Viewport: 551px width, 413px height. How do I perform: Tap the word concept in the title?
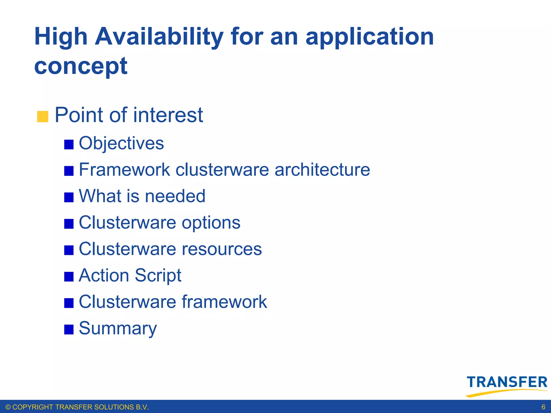pyautogui.click(x=81, y=66)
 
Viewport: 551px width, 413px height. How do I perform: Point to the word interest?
pyautogui.click(x=168, y=115)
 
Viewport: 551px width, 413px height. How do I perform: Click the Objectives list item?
pyautogui.click(x=121, y=143)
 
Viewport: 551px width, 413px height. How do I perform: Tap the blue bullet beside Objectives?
pyautogui.click(x=69, y=144)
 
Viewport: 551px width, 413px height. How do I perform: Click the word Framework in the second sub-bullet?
pyautogui.click(x=124, y=170)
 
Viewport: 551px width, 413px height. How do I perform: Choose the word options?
pyautogui.click(x=211, y=223)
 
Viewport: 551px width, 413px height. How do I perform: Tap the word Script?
pyautogui.click(x=158, y=276)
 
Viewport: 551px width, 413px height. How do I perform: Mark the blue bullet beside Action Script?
pyautogui.click(x=69, y=277)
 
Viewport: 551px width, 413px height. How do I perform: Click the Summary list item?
pyautogui.click(x=118, y=328)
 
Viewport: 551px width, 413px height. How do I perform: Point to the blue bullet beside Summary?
pyautogui.click(x=69, y=329)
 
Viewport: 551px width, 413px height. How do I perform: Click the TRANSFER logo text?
pyautogui.click(x=507, y=382)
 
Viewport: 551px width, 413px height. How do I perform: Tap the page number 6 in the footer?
pyautogui.click(x=543, y=407)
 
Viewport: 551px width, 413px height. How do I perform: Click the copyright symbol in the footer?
pyautogui.click(x=8, y=407)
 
